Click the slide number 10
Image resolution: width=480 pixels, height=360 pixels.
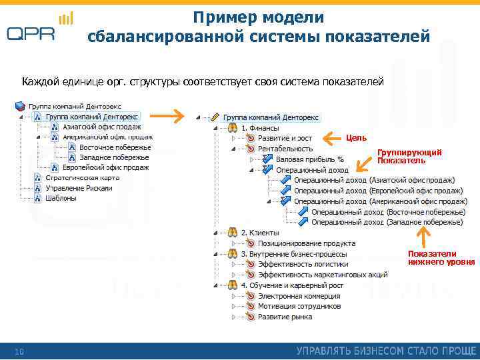point(20,351)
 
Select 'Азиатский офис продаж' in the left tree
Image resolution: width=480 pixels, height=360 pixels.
point(101,127)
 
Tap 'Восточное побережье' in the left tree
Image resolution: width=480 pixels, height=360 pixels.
point(115,147)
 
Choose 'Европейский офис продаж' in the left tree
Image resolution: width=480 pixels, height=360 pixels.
point(105,167)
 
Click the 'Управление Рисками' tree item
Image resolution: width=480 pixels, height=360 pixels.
point(79,188)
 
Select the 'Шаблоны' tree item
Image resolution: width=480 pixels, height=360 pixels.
point(61,198)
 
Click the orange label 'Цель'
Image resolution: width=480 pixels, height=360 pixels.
point(356,138)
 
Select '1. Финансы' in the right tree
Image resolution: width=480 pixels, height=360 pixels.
point(260,127)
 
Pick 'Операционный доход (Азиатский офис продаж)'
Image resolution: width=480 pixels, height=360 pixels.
point(374,180)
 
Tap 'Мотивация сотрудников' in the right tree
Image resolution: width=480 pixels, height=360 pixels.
point(299,306)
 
